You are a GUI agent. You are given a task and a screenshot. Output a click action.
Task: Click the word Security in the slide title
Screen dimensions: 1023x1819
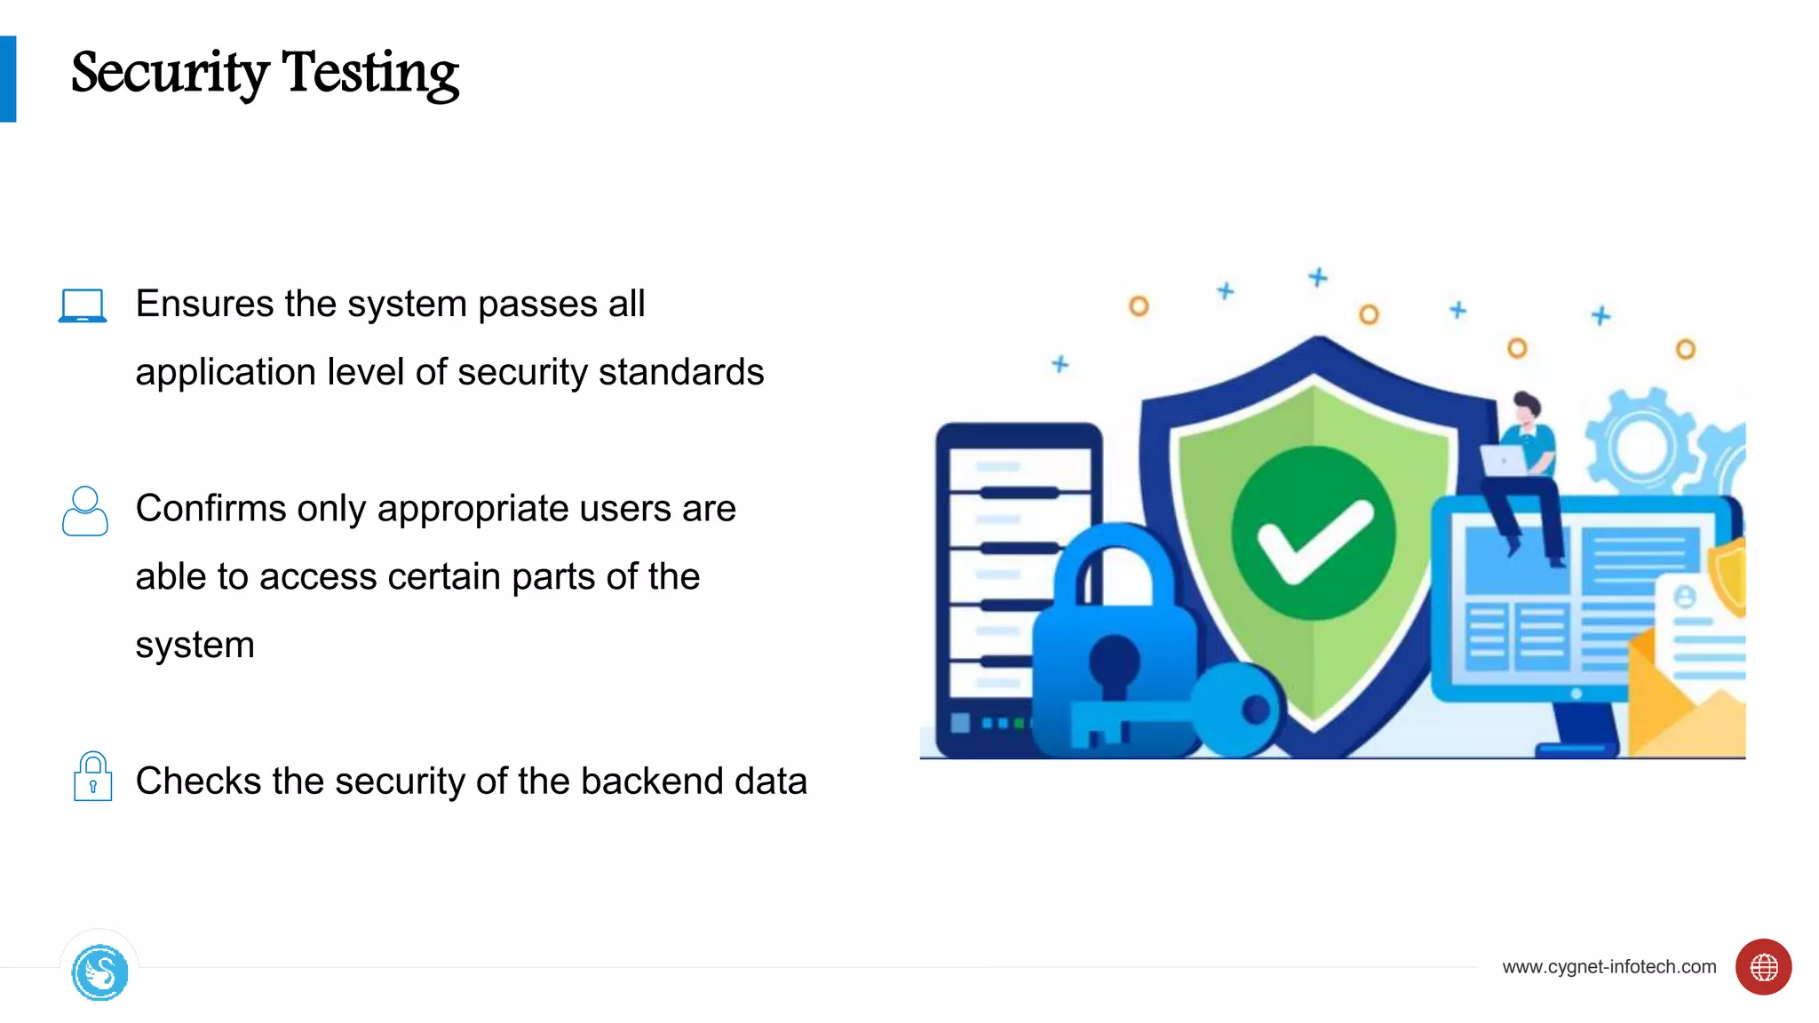[170, 73]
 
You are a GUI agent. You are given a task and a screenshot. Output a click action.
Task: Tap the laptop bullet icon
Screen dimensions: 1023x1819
[83, 305]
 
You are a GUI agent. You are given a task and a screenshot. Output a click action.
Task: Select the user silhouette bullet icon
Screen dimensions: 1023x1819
[85, 511]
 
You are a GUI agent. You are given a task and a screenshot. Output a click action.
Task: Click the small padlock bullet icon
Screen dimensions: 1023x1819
[92, 777]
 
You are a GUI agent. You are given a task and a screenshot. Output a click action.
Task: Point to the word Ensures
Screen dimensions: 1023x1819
[204, 304]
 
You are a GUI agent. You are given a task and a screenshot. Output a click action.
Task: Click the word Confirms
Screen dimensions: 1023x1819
[210, 509]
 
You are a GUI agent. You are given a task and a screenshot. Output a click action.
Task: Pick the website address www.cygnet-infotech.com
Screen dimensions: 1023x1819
[1609, 966]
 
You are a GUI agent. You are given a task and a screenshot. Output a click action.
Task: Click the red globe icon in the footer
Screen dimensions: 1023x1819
[1763, 967]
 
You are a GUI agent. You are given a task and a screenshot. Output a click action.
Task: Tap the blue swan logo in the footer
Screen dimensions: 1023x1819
[99, 973]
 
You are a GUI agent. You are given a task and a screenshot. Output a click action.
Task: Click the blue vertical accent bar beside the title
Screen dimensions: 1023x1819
[8, 79]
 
